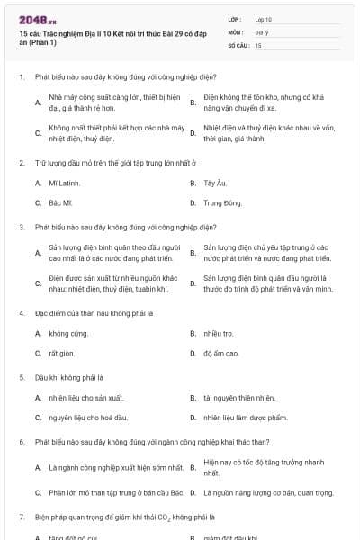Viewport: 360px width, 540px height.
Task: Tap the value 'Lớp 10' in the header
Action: click(x=264, y=18)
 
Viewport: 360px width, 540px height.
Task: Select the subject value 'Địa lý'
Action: click(x=263, y=31)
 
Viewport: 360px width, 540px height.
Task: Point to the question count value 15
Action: click(x=258, y=44)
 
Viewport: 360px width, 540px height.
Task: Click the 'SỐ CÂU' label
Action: click(x=237, y=44)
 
